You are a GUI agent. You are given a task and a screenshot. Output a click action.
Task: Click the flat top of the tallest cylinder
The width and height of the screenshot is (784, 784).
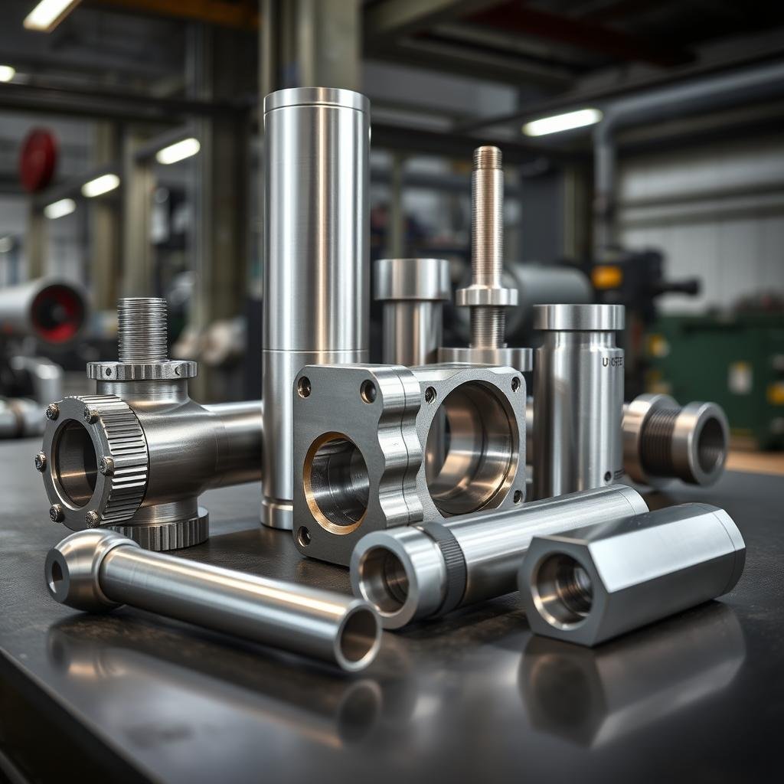pos(316,99)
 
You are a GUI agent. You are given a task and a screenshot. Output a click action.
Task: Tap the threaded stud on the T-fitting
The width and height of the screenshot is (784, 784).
pos(142,330)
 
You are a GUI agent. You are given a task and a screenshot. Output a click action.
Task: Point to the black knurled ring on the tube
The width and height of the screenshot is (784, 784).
pos(452,567)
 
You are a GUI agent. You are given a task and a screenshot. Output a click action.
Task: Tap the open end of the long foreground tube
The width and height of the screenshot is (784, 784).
pos(358,635)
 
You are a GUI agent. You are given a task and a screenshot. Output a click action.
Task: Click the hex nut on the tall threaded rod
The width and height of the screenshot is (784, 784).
pos(486,296)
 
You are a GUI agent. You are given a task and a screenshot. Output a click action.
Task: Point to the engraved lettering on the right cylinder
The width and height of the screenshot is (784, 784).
pos(612,361)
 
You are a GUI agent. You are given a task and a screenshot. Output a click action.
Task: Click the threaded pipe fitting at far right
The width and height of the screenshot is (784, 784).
pos(678,441)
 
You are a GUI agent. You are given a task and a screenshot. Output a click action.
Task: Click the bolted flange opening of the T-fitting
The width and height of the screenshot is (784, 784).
pos(76,463)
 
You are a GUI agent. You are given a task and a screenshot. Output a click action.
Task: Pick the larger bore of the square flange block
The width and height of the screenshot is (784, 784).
pos(469,447)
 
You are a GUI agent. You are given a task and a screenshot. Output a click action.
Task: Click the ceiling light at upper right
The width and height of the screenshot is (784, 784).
pos(562,122)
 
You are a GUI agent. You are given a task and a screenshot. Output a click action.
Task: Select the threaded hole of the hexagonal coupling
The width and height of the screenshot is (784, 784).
pos(565,590)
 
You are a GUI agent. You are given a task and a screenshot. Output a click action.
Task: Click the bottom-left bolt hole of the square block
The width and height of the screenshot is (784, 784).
pos(304,536)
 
